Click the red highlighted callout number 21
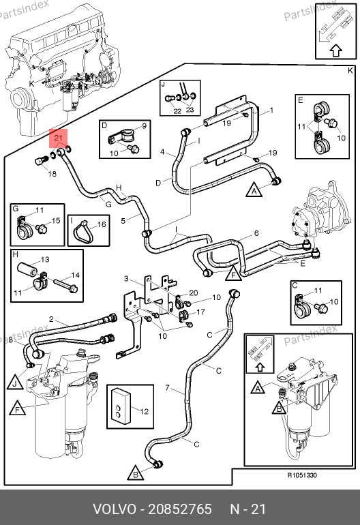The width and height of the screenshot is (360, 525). click(58, 138)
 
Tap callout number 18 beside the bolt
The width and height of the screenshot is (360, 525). click(52, 174)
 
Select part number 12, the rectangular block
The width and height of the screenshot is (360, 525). click(121, 406)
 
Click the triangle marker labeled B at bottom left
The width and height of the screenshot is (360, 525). click(136, 473)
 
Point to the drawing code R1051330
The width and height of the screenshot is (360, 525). click(303, 475)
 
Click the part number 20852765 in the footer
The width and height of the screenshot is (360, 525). click(180, 509)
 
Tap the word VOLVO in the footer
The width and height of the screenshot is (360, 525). click(115, 509)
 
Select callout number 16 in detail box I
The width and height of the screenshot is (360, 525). click(102, 224)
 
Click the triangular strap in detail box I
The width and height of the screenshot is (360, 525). click(81, 231)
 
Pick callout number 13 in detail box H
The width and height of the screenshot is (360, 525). click(45, 260)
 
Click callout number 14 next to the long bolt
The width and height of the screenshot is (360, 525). click(76, 275)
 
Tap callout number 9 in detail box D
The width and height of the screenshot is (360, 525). click(144, 126)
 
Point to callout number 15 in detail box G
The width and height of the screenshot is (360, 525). click(56, 220)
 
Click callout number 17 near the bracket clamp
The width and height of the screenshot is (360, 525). click(200, 312)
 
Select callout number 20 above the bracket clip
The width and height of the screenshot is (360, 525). click(194, 293)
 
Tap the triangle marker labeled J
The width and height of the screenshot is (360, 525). click(15, 382)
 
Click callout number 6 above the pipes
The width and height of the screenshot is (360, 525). click(256, 233)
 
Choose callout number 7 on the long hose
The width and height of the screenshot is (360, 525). click(168, 388)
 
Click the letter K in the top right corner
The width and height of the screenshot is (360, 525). click(350, 71)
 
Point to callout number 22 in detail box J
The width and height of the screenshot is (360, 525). click(177, 111)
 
